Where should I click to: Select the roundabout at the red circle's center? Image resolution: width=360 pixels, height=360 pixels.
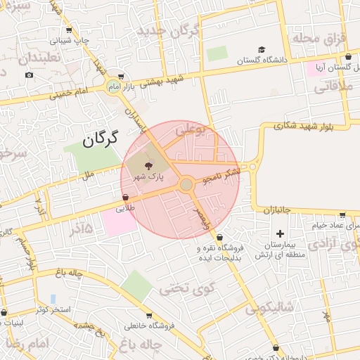tap(186, 184)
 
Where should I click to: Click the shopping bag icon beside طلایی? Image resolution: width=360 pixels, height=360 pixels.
tap(125, 198)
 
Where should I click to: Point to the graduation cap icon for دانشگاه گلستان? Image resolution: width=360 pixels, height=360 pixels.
tap(262, 50)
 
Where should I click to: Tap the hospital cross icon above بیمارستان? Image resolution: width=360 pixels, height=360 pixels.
tap(281, 233)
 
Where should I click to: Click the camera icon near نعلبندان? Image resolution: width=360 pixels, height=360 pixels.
tap(29, 75)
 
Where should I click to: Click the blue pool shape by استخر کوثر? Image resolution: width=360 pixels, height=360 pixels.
tap(53, 300)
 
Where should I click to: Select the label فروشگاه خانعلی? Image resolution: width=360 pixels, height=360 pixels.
tap(147, 326)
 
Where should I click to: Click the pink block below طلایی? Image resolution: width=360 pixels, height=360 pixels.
tap(119, 222)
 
